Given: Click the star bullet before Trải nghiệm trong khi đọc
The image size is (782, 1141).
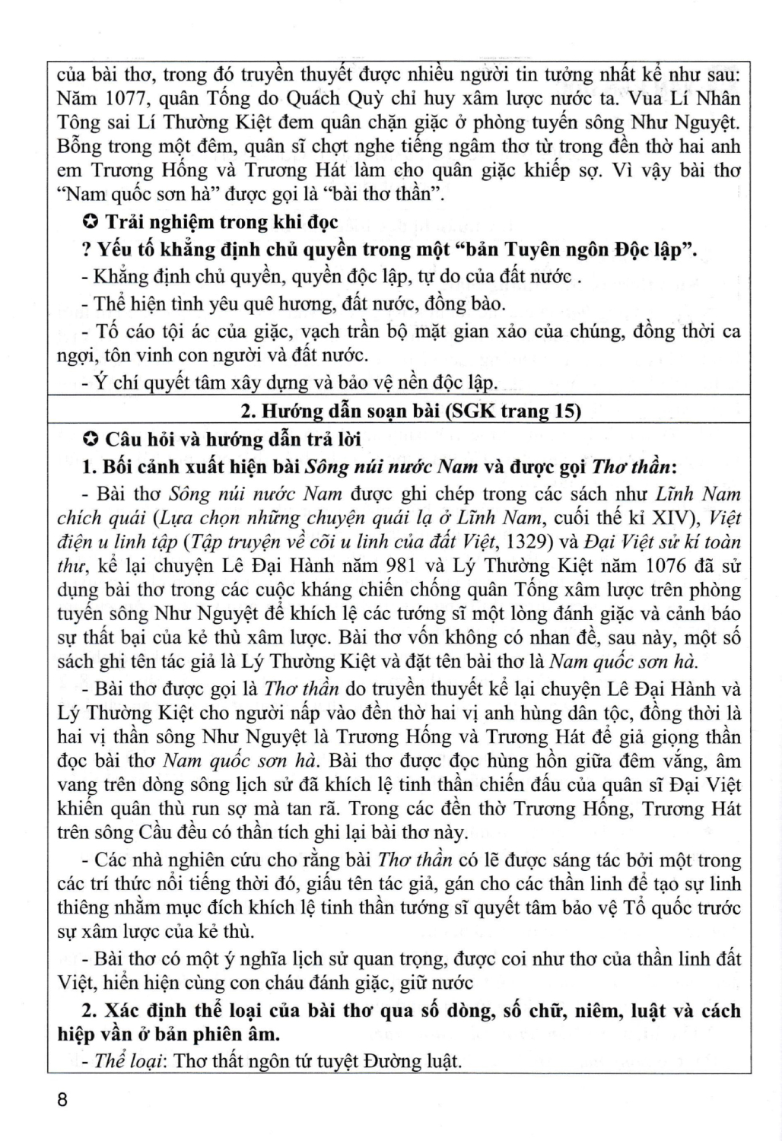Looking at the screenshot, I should point(90,223).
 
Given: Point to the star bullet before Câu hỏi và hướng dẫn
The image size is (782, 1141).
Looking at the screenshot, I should point(90,439).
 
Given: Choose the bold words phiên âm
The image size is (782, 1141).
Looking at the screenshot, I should point(236,1035).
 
